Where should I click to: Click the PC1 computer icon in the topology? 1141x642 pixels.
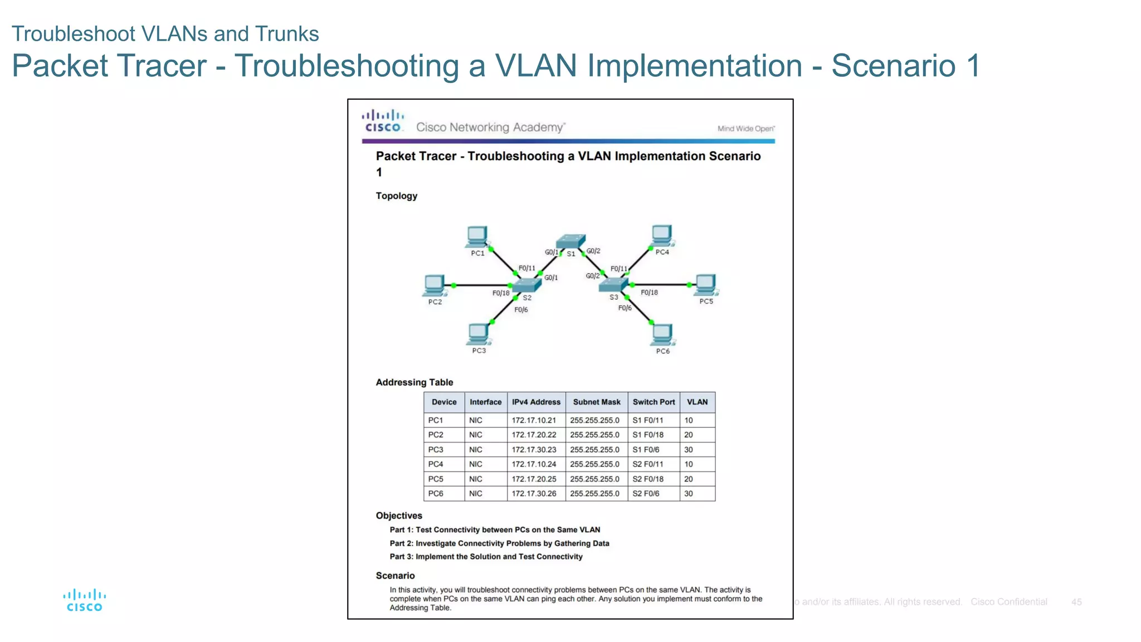[477, 236]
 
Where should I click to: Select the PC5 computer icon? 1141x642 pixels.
[706, 285]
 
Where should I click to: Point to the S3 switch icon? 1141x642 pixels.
[613, 285]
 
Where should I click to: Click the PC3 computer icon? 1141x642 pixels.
[479, 334]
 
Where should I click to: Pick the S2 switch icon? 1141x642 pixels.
[526, 285]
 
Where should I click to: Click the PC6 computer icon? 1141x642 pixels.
[662, 334]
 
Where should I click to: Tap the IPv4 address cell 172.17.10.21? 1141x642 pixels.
[534, 420]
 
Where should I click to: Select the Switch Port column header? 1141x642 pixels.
[654, 402]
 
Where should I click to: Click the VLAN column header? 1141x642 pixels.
[697, 402]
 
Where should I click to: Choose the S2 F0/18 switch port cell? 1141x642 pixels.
[648, 479]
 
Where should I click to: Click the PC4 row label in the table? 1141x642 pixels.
[436, 464]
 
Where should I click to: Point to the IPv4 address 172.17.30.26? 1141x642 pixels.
[534, 494]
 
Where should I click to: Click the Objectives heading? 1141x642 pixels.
[399, 515]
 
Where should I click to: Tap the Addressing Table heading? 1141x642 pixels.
[415, 382]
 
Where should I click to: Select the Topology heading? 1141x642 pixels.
[396, 196]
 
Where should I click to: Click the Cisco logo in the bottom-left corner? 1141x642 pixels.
[85, 600]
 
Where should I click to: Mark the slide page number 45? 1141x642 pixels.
[1076, 602]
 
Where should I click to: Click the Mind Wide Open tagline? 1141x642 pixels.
[746, 129]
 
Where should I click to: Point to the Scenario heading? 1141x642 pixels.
[395, 576]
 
